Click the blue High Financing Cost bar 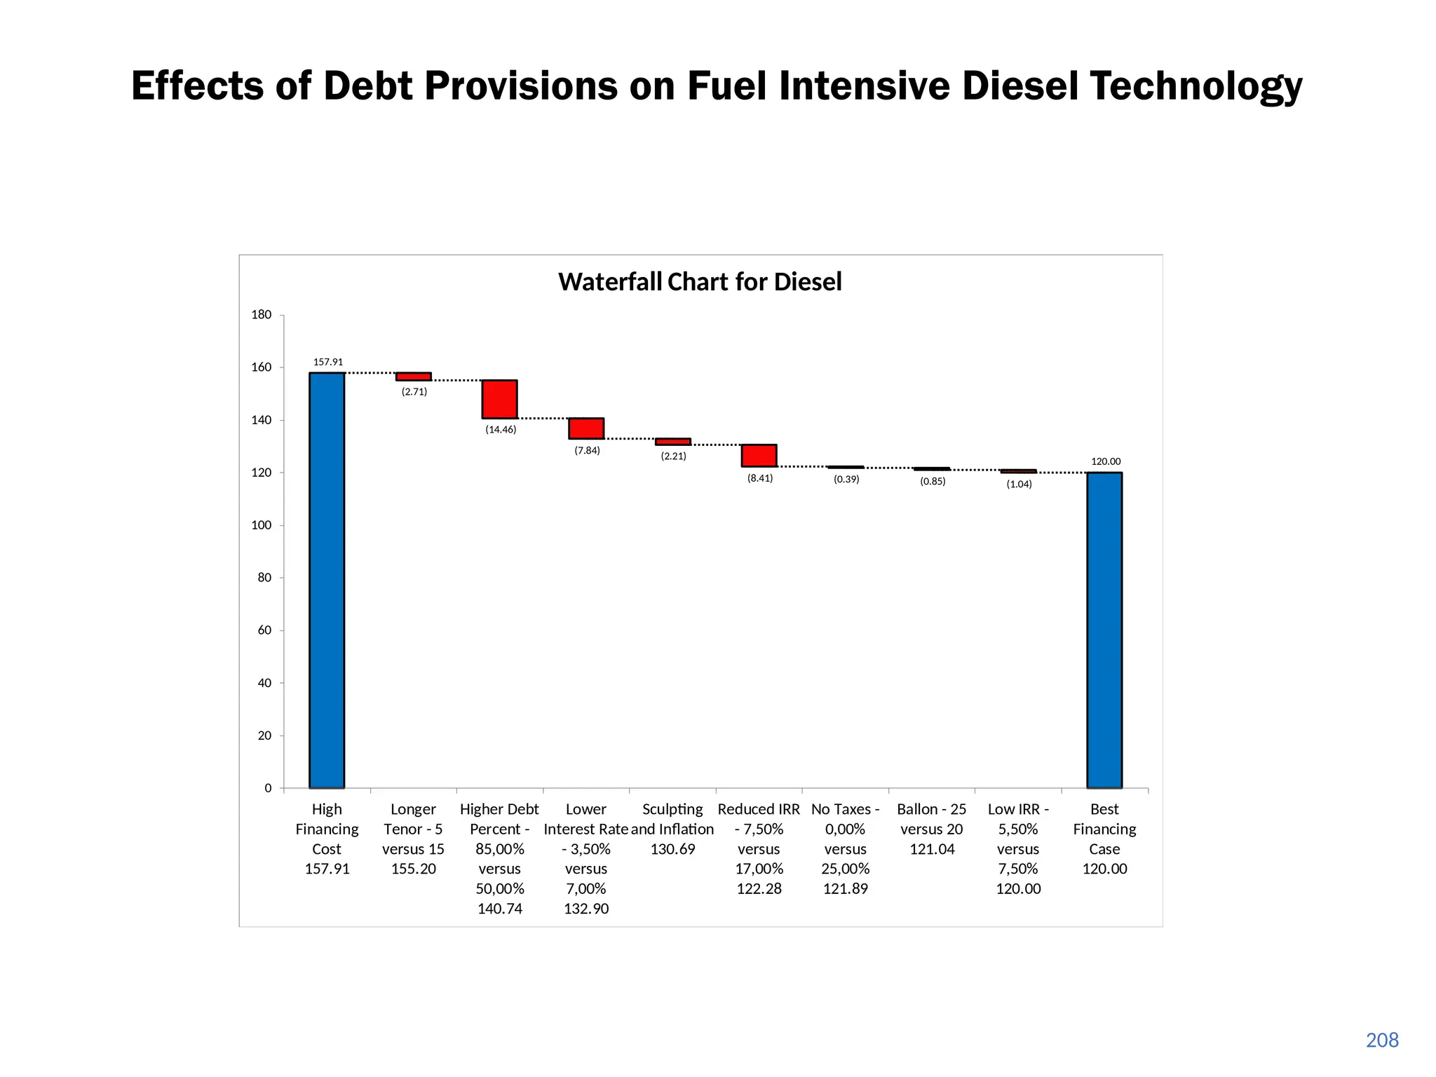pyautogui.click(x=327, y=581)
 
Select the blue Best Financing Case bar pyautogui.click(x=1104, y=630)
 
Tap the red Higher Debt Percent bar pyautogui.click(x=499, y=399)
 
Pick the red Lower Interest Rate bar pyautogui.click(x=586, y=428)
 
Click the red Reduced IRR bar pyautogui.click(x=759, y=456)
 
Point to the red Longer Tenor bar pyautogui.click(x=414, y=377)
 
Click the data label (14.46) pyautogui.click(x=501, y=430)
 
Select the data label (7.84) pyautogui.click(x=587, y=451)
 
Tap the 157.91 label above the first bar pyautogui.click(x=328, y=363)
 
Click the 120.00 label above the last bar pyautogui.click(x=1106, y=462)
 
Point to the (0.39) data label pyautogui.click(x=846, y=480)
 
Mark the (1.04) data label pyautogui.click(x=1019, y=485)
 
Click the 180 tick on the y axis pyautogui.click(x=262, y=315)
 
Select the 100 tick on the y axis pyautogui.click(x=262, y=525)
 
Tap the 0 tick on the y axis pyautogui.click(x=268, y=788)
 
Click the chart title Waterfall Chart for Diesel pyautogui.click(x=700, y=282)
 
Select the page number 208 pyautogui.click(x=1382, y=1041)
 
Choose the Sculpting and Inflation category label pyautogui.click(x=672, y=829)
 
